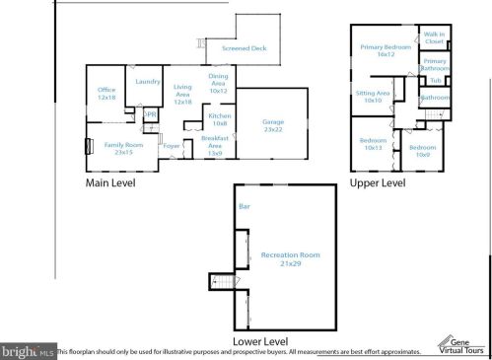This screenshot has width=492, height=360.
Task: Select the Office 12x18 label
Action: [105, 94]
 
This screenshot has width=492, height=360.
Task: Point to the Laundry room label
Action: [148, 82]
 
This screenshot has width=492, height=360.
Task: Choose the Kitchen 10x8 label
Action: [219, 119]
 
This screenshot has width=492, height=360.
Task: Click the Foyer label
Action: [172, 146]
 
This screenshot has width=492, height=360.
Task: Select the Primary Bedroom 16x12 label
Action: [385, 51]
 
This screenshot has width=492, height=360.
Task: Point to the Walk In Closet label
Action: [434, 38]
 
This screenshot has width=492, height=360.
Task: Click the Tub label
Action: [435, 80]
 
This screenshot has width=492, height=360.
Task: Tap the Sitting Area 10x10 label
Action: [373, 97]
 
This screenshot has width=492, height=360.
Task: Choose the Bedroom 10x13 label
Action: [373, 143]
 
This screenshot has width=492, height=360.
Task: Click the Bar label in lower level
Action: [245, 207]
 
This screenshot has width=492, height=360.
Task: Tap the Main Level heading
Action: [109, 182]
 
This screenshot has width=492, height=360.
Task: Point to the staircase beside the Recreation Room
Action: [223, 283]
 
